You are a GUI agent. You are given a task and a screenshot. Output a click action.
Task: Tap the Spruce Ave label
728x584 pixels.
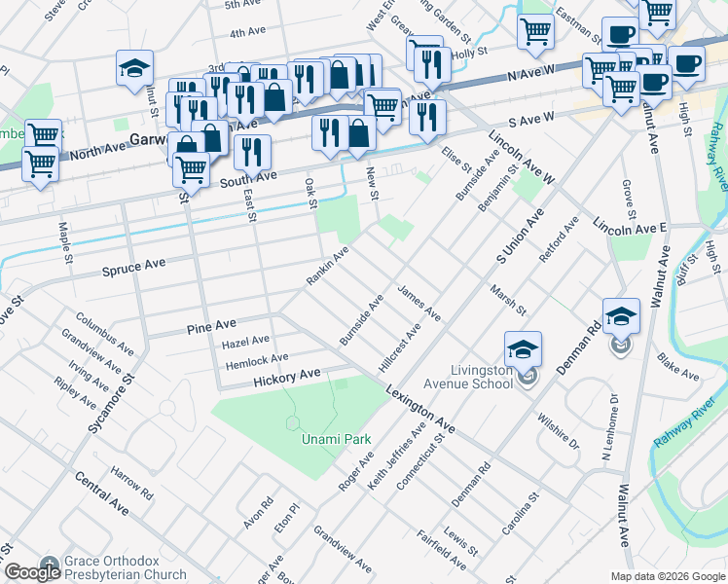133,265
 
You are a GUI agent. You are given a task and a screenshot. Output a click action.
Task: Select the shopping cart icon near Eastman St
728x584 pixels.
535,32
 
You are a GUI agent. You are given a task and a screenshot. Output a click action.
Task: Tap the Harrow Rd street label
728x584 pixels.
132,482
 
